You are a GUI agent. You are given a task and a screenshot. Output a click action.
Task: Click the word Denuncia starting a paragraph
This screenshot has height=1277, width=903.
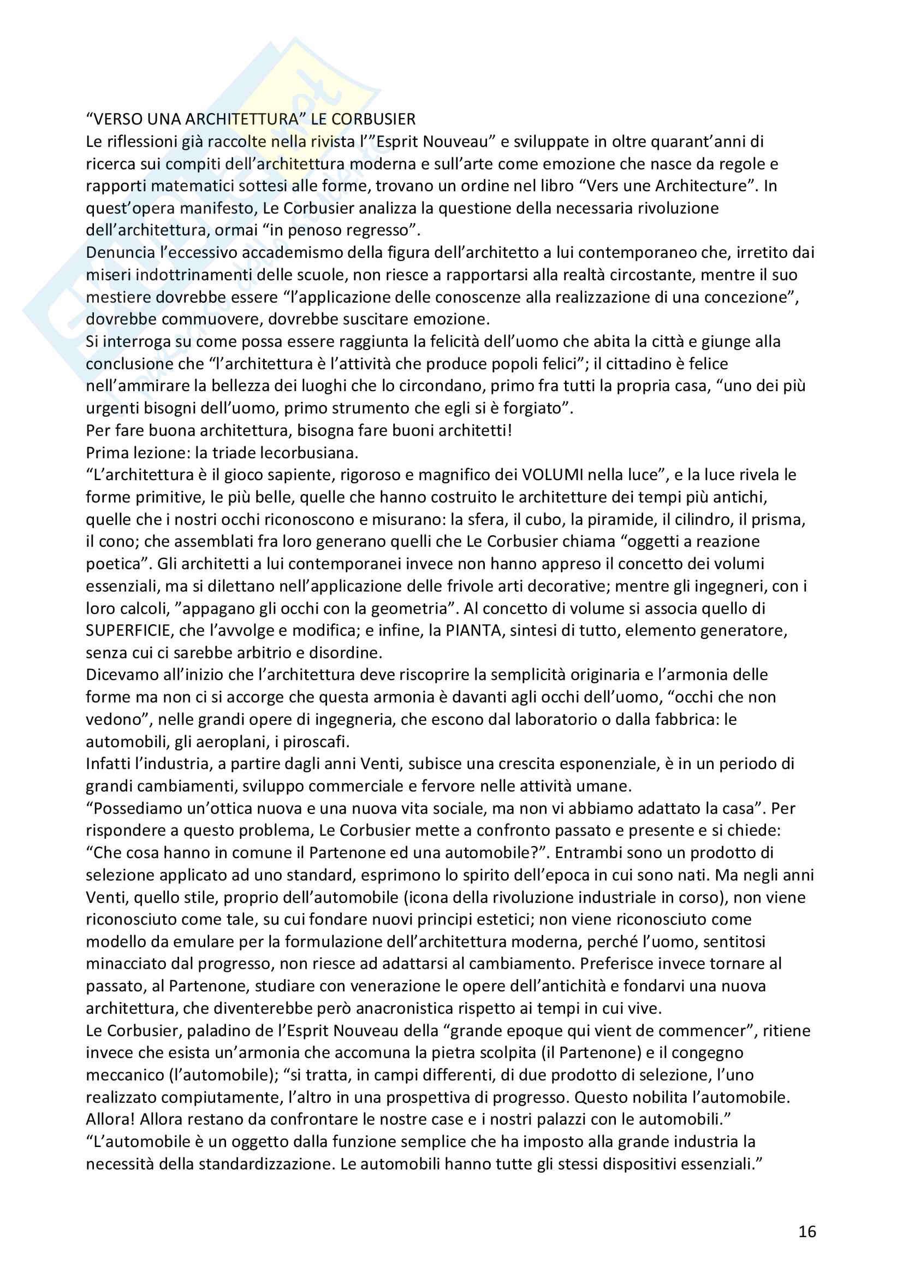(x=120, y=252)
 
